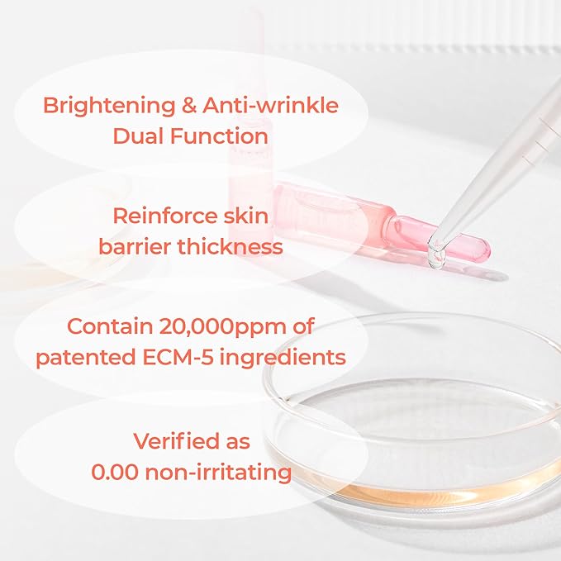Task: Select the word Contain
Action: pyautogui.click(x=108, y=326)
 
